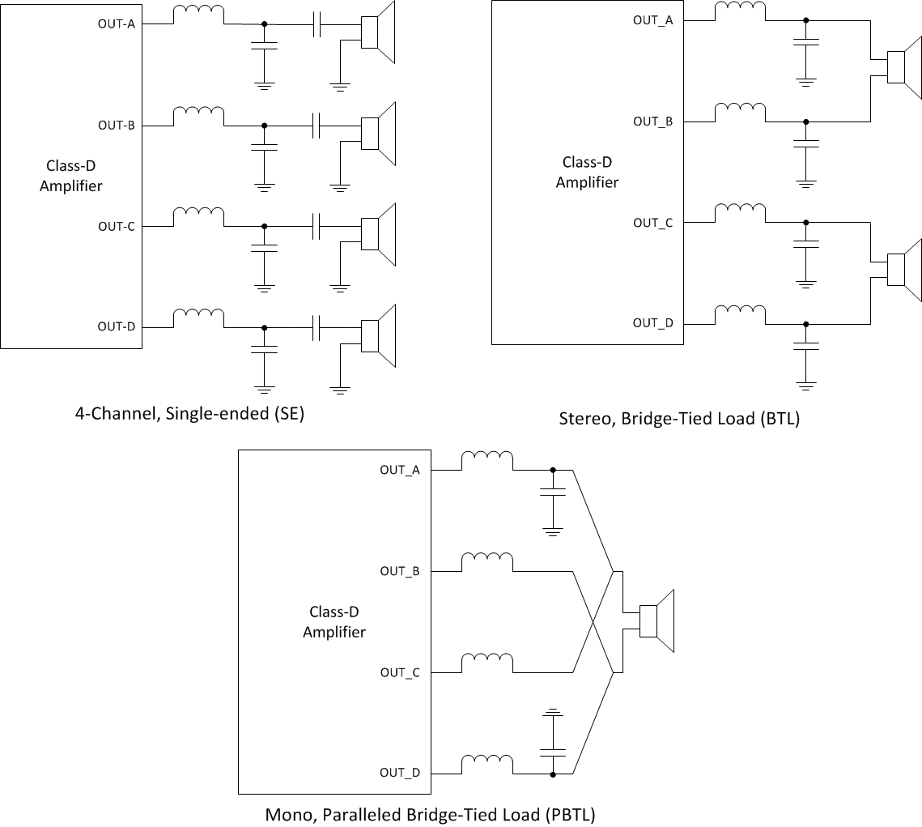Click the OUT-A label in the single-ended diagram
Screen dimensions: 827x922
tap(116, 23)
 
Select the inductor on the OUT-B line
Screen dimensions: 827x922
tap(199, 117)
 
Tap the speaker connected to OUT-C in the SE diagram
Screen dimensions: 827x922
tap(378, 234)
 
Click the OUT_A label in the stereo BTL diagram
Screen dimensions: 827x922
tap(652, 20)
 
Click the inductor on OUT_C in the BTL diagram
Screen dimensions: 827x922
tap(740, 213)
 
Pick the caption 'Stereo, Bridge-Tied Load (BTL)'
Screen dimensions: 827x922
tap(679, 419)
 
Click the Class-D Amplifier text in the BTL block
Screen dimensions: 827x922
tap(587, 173)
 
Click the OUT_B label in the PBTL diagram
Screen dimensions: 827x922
tap(400, 571)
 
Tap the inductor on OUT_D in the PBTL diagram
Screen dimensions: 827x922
tap(487, 764)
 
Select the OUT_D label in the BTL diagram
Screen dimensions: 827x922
tap(652, 323)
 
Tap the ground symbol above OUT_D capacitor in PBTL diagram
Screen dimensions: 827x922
tap(553, 714)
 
